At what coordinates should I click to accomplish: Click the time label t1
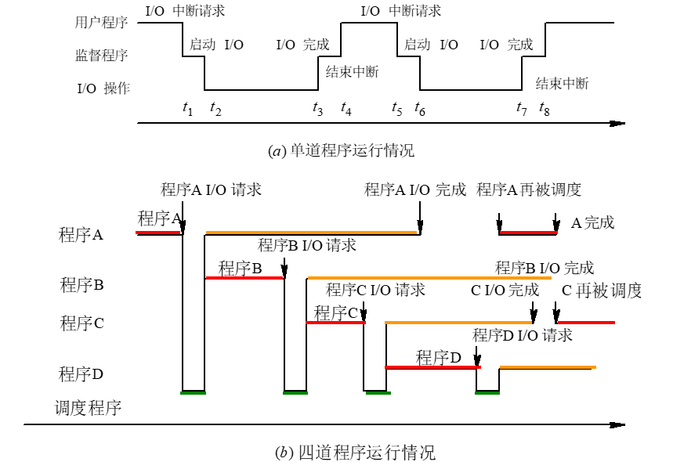(187, 110)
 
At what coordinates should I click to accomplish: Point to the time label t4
(346, 110)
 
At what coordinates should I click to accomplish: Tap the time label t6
(421, 110)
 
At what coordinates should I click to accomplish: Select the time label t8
(545, 110)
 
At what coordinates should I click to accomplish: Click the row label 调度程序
(87, 408)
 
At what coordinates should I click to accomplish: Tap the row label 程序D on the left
(81, 374)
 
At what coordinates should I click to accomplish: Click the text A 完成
(592, 223)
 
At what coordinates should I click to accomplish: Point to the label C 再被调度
(602, 291)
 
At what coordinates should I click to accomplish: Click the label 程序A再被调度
(529, 189)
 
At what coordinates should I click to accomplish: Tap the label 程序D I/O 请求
(523, 335)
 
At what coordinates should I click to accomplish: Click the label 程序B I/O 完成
(545, 268)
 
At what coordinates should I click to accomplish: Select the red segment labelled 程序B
(244, 278)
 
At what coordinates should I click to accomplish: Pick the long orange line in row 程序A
(312, 233)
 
